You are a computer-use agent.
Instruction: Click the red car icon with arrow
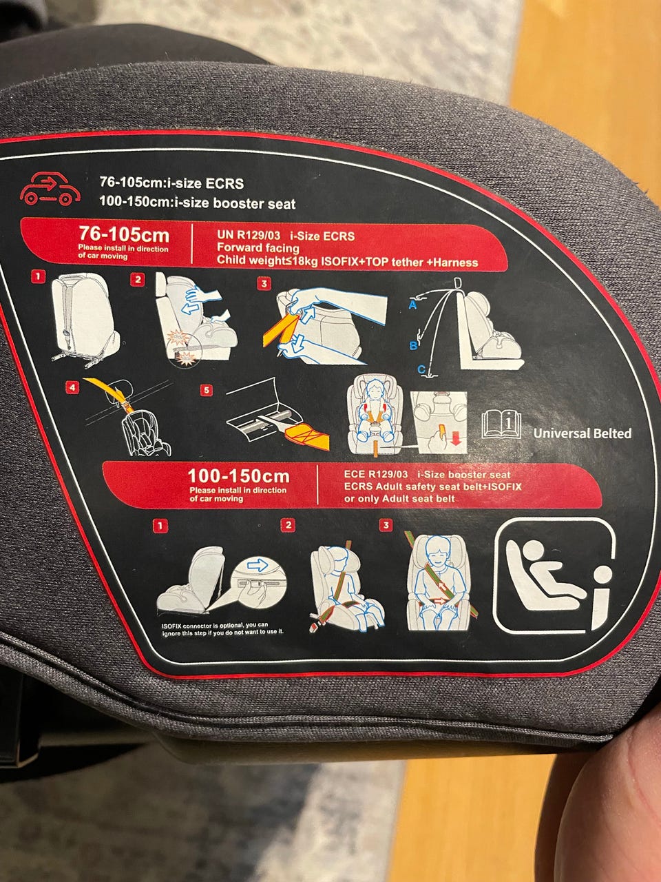[x=50, y=189]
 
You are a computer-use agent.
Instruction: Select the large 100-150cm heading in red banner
[x=238, y=476]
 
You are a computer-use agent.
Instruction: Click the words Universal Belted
[x=583, y=433]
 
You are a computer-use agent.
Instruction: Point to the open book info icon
[x=501, y=424]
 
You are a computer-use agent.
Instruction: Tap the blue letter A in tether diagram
[x=412, y=305]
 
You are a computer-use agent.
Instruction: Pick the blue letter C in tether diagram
[x=421, y=369]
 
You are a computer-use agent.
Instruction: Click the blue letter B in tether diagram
[x=413, y=345]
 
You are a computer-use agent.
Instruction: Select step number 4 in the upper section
[x=73, y=387]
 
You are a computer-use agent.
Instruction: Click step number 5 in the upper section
[x=207, y=390]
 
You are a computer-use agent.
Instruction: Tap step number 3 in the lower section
[x=386, y=525]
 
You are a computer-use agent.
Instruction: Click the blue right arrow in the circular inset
[x=258, y=565]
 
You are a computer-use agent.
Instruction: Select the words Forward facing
[x=258, y=248]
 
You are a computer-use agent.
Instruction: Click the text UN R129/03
[x=249, y=235]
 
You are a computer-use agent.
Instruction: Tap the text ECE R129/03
[x=376, y=475]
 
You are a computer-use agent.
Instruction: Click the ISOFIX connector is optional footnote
[x=222, y=628]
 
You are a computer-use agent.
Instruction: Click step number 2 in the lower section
[x=288, y=525]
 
